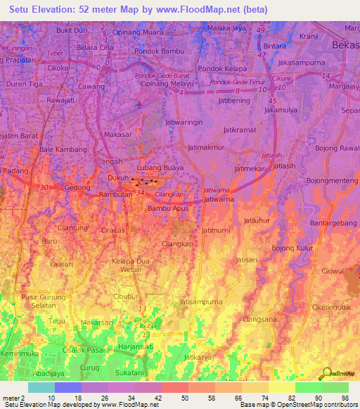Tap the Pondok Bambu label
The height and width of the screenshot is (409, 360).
[x=158, y=51]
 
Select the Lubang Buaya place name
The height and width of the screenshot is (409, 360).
[x=160, y=168]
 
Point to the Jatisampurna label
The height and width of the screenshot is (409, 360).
[x=201, y=302]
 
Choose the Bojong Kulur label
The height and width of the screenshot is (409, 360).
[x=293, y=248]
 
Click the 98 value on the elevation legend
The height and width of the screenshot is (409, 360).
[x=345, y=398]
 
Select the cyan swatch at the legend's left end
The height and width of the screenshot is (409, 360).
[x=41, y=387]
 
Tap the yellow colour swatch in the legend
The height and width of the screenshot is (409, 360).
[x=281, y=387]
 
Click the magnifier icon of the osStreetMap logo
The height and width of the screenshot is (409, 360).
[x=326, y=374]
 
